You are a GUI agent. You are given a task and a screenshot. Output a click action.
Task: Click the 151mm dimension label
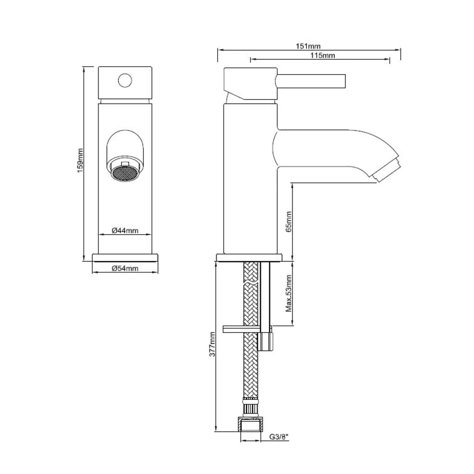pos(308,46)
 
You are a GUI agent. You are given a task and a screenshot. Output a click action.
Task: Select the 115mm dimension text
pos(323,56)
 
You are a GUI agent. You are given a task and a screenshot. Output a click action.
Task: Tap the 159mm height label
pos(80,161)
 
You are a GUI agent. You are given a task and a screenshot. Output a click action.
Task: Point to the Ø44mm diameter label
pos(125,231)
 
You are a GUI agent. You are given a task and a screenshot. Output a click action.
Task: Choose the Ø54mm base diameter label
pos(125,268)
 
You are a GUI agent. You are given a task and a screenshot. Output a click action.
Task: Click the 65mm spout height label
pos(289,222)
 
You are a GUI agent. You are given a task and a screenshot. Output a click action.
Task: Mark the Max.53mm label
pos(289,293)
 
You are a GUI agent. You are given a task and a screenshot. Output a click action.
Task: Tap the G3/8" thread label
pos(279,437)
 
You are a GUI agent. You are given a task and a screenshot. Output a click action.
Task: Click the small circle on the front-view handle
pos(125,81)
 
